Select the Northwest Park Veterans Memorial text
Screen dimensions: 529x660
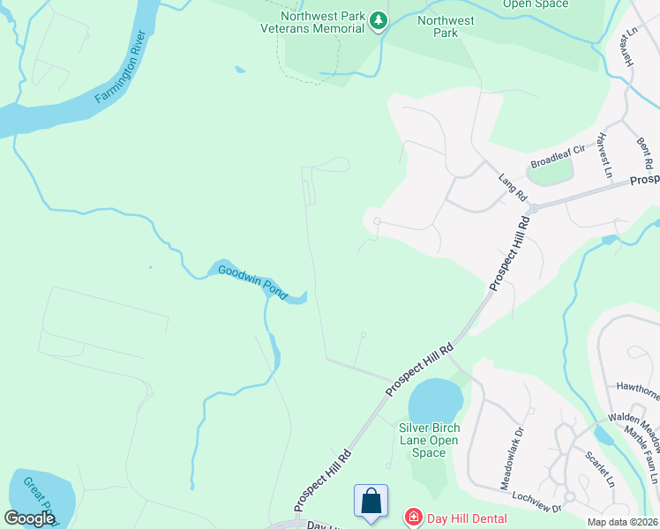pos(323,22)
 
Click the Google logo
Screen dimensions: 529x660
pos(29,518)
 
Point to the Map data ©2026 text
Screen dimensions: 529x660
pos(623,522)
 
